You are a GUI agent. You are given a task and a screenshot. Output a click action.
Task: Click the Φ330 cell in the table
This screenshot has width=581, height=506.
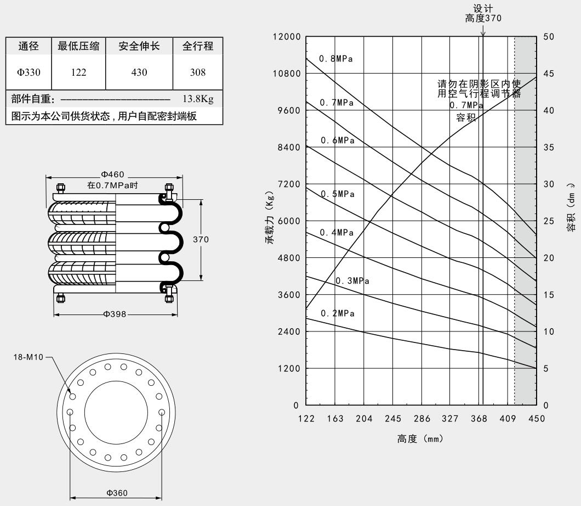coord(29,72)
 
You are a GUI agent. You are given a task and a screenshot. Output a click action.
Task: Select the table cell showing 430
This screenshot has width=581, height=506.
coord(139,72)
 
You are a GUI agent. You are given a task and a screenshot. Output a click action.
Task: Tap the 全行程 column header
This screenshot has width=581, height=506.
coord(197,47)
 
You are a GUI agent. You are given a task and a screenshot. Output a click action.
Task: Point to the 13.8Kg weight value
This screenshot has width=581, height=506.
coord(197,99)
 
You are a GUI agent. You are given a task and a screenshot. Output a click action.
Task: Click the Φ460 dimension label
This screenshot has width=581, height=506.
coord(112,175)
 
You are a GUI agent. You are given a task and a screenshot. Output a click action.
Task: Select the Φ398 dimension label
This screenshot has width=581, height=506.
coord(115,314)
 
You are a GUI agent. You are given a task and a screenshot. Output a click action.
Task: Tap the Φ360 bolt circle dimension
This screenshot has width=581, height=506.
coord(116,492)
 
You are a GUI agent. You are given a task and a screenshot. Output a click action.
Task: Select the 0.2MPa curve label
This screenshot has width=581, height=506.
coord(337,313)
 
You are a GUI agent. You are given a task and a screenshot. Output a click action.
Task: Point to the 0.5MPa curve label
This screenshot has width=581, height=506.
coord(337,194)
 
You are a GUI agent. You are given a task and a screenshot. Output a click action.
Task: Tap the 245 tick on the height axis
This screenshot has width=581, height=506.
coord(392,419)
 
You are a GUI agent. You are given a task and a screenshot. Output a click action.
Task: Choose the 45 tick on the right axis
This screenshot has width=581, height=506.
coord(549,74)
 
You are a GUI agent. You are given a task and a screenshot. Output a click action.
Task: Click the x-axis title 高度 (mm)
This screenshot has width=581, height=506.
coord(420,439)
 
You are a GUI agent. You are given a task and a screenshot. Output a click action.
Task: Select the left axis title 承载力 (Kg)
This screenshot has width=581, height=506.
coord(270,221)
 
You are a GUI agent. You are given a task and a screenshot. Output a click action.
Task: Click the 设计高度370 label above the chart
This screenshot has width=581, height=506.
coord(482,13)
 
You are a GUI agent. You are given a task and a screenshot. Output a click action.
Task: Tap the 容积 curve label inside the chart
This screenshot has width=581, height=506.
coord(466,117)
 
